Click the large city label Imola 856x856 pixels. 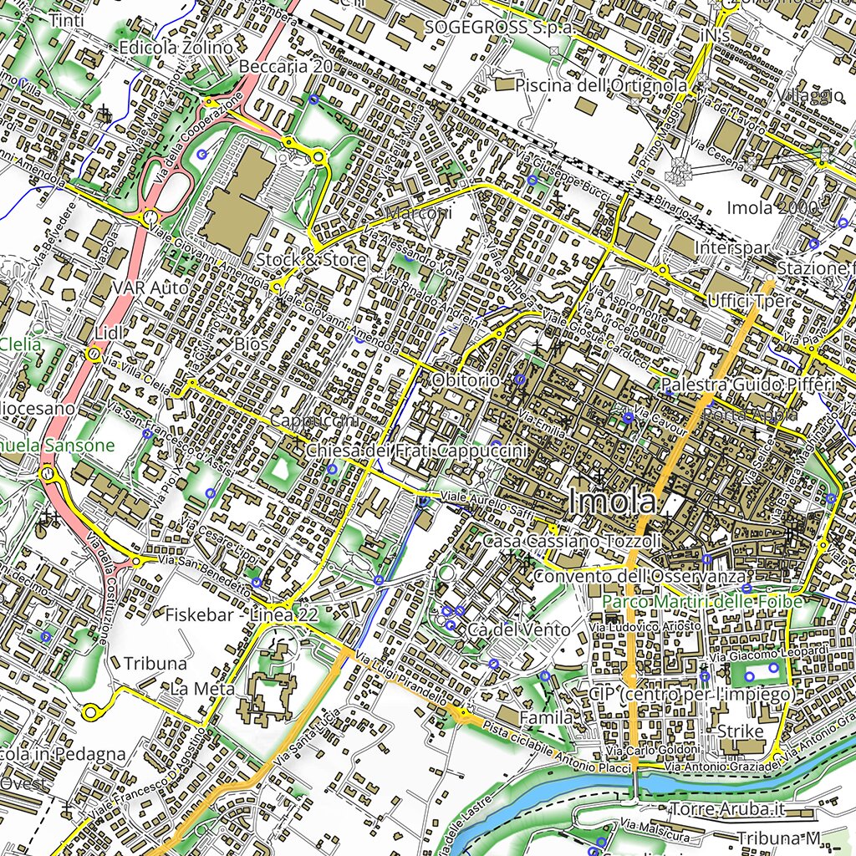pos(612,502)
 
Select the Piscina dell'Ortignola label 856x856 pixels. pos(601,85)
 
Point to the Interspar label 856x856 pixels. pos(731,248)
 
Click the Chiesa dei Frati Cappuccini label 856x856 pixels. pos(416,451)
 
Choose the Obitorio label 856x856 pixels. pos(466,380)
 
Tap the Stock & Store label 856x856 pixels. pos(311,260)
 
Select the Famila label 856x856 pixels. pos(547,717)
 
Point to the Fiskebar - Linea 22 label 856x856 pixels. pos(242,614)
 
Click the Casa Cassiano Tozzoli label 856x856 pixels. pos(573,541)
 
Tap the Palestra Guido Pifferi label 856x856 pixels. pos(747,385)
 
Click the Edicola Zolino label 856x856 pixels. pos(176,48)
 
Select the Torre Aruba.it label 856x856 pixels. pos(728,809)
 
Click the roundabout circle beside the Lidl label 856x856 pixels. pos(93,355)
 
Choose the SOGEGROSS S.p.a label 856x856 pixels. pos(499,27)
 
